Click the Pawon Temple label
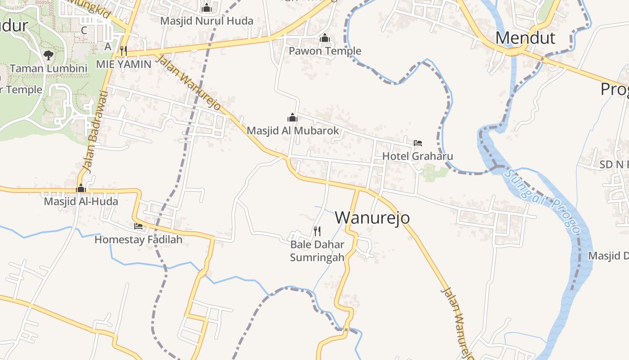tap(325, 51)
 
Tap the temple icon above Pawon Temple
tap(325, 38)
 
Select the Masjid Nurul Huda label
tap(207, 21)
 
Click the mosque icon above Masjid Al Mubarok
tap(292, 118)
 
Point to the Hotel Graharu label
tap(417, 156)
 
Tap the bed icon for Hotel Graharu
tap(418, 143)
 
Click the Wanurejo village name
tap(372, 217)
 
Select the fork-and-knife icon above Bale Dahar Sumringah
tap(317, 231)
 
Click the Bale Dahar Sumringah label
tap(317, 251)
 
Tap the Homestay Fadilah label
tap(138, 239)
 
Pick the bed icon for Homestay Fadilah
tap(138, 226)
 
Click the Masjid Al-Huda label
tap(81, 201)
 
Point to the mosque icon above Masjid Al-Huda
tap(81, 188)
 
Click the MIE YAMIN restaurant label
tap(124, 64)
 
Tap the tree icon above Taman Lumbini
tap(49, 55)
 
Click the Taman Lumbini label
tap(49, 68)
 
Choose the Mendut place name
tap(525, 38)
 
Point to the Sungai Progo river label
tap(542, 201)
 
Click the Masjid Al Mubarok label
tap(292, 131)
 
